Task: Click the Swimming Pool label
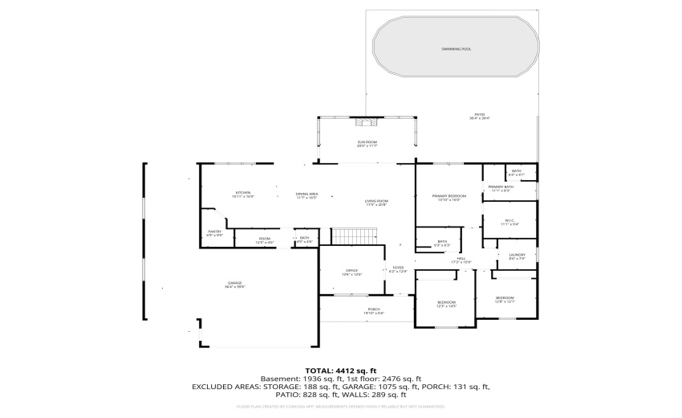click(456, 49)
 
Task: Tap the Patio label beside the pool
click(479, 115)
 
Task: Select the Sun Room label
click(367, 142)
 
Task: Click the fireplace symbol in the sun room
click(367, 122)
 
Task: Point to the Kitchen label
click(243, 193)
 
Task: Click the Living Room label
click(376, 202)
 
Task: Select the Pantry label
click(214, 232)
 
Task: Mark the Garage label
click(234, 283)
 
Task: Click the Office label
click(351, 271)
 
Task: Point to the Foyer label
click(398, 268)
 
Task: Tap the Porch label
click(374, 309)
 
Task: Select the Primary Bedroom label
click(449, 196)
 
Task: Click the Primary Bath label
click(501, 186)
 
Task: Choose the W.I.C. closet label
click(509, 220)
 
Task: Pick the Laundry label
click(517, 256)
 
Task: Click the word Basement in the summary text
click(278, 379)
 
